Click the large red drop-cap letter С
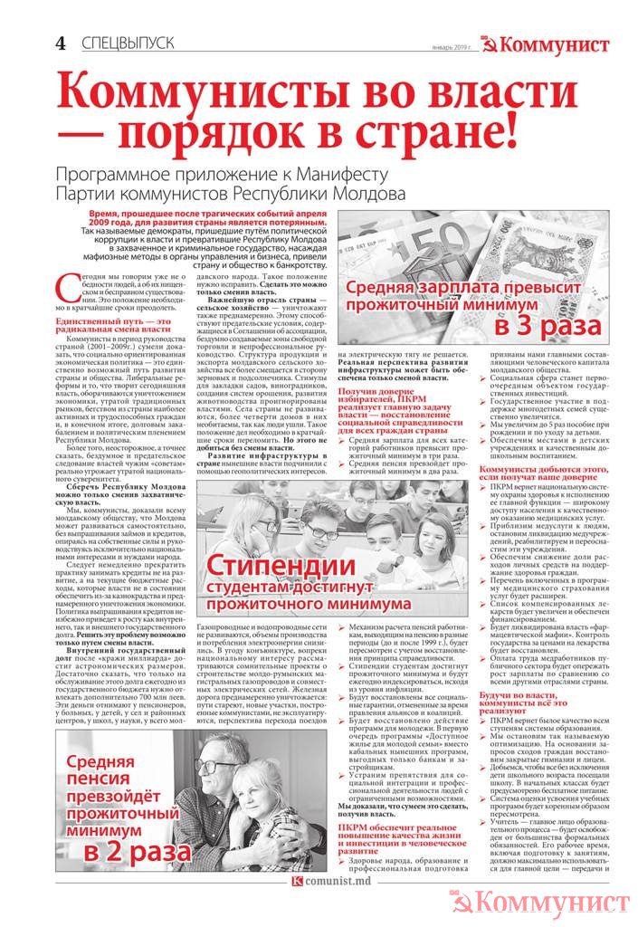click(64, 288)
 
